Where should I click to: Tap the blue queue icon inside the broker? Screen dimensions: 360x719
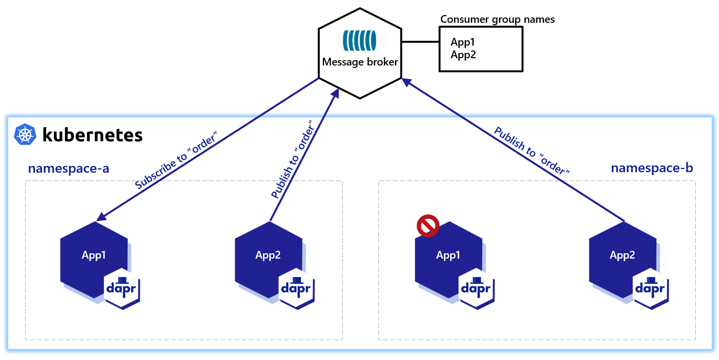(359, 41)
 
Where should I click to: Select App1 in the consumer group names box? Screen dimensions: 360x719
(462, 42)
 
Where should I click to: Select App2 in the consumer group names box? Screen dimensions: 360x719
(463, 54)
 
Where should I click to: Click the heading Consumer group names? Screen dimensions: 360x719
(497, 19)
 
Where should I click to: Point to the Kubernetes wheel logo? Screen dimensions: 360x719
(25, 134)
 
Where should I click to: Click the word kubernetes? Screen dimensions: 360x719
(93, 134)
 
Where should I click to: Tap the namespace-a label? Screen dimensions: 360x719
(68, 168)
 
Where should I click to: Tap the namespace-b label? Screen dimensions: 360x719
(652, 168)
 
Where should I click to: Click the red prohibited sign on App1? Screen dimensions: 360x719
(428, 227)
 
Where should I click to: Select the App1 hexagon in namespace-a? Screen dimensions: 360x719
(94, 255)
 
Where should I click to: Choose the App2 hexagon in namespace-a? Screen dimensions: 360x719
(268, 255)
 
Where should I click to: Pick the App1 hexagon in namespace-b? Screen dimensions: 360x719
(448, 255)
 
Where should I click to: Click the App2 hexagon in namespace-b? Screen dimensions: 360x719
(622, 255)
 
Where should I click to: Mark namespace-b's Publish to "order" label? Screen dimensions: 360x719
(531, 151)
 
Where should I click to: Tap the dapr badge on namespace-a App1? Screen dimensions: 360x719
(122, 288)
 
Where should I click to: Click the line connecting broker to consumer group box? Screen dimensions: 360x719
(420, 42)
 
